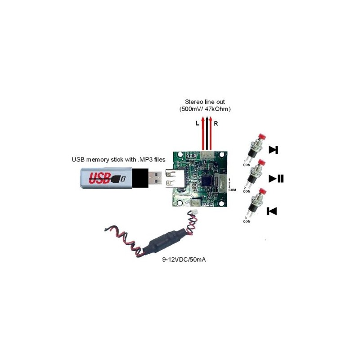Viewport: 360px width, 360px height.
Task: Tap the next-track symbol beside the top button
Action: (x=273, y=150)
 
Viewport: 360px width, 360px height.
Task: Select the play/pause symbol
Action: (x=276, y=179)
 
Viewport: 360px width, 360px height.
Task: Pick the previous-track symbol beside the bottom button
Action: (x=271, y=211)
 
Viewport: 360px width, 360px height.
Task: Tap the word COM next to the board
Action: (x=232, y=190)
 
